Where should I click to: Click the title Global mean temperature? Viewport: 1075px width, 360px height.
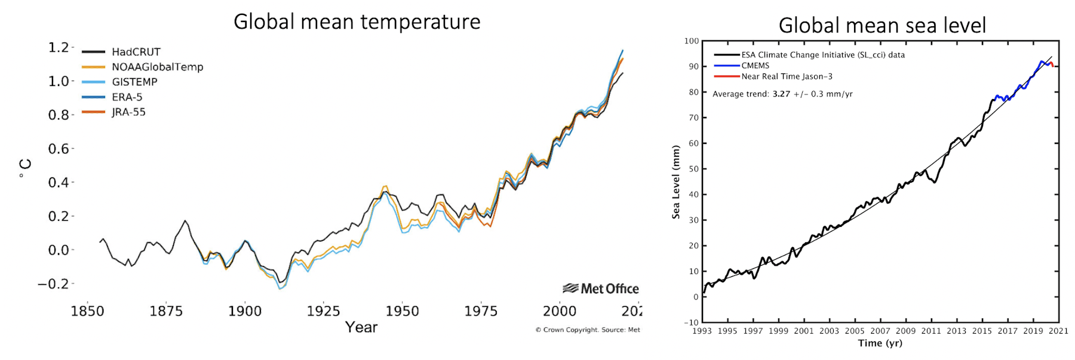click(x=357, y=22)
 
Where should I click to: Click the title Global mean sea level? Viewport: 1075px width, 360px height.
click(x=881, y=26)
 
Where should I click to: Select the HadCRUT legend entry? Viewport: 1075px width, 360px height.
click(x=136, y=52)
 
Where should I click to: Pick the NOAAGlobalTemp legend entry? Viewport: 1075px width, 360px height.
click(x=157, y=67)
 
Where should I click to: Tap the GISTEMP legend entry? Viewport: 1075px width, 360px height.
click(x=134, y=82)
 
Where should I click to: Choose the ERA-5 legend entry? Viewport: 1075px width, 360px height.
click(x=127, y=97)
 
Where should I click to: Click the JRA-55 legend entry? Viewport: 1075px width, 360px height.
click(x=128, y=112)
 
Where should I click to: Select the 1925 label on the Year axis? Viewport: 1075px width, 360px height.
click(x=323, y=311)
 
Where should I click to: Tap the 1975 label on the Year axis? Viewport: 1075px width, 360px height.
click(x=481, y=311)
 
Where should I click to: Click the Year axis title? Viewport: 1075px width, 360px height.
click(x=361, y=327)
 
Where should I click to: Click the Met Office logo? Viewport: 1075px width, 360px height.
click(x=601, y=288)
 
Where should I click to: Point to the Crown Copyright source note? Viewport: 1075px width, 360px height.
click(x=587, y=330)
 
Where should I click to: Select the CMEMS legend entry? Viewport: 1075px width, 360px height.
click(x=755, y=66)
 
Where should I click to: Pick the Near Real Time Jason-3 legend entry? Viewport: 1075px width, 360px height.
click(x=787, y=76)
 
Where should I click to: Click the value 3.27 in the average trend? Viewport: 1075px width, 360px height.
click(x=781, y=94)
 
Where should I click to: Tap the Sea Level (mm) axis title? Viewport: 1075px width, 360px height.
click(x=676, y=181)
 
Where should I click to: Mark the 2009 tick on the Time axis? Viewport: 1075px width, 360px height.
click(x=905, y=331)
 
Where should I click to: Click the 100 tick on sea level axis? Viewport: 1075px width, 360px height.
click(x=692, y=41)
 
